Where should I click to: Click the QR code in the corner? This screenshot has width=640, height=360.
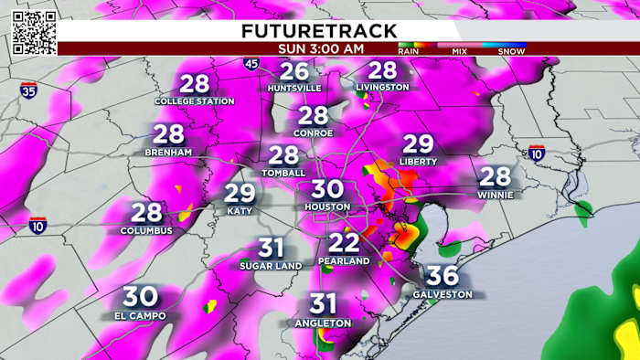click(34, 33)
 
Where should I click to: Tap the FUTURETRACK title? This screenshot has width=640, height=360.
click(319, 30)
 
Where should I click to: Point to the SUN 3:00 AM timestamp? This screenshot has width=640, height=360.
click(320, 48)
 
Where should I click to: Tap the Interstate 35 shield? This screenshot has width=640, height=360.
click(29, 90)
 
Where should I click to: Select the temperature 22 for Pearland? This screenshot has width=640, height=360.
click(344, 243)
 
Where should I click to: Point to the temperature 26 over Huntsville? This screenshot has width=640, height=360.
click(294, 72)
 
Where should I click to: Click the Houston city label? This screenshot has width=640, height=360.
click(327, 207)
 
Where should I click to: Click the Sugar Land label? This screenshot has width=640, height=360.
click(271, 265)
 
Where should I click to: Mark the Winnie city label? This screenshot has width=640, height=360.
click(495, 195)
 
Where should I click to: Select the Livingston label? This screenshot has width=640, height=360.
click(383, 88)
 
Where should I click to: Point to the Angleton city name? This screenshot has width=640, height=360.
click(323, 323)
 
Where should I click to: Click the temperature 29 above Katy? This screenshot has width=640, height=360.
click(240, 194)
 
